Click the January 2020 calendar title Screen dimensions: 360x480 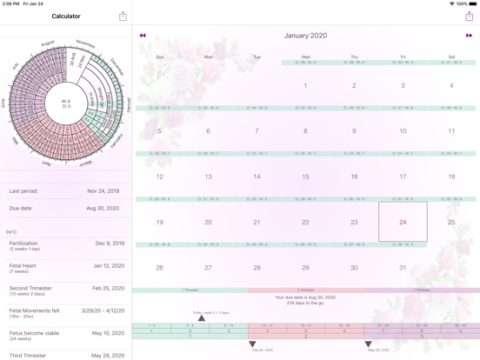tap(305, 36)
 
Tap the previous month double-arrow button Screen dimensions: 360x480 tap(143, 36)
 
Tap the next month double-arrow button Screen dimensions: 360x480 tap(469, 36)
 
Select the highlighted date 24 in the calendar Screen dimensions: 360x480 tap(403, 222)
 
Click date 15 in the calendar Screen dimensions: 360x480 tap(305, 177)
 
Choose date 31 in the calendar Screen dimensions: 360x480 tap(403, 267)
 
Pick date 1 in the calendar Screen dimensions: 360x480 tap(305, 86)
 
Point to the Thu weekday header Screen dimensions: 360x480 tap(354, 57)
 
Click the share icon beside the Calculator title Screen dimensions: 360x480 tap(123, 17)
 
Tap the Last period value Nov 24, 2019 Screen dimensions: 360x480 tap(103, 190)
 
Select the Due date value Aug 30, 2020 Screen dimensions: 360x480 tap(103, 209)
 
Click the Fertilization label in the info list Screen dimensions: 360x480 tap(23, 243)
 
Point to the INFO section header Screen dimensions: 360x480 tap(11, 232)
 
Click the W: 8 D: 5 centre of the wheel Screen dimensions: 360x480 tap(66, 103)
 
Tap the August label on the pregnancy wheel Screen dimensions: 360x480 tap(49, 43)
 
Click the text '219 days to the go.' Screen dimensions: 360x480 tap(305, 303)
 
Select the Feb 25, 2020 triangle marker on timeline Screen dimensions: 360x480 tap(253, 344)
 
